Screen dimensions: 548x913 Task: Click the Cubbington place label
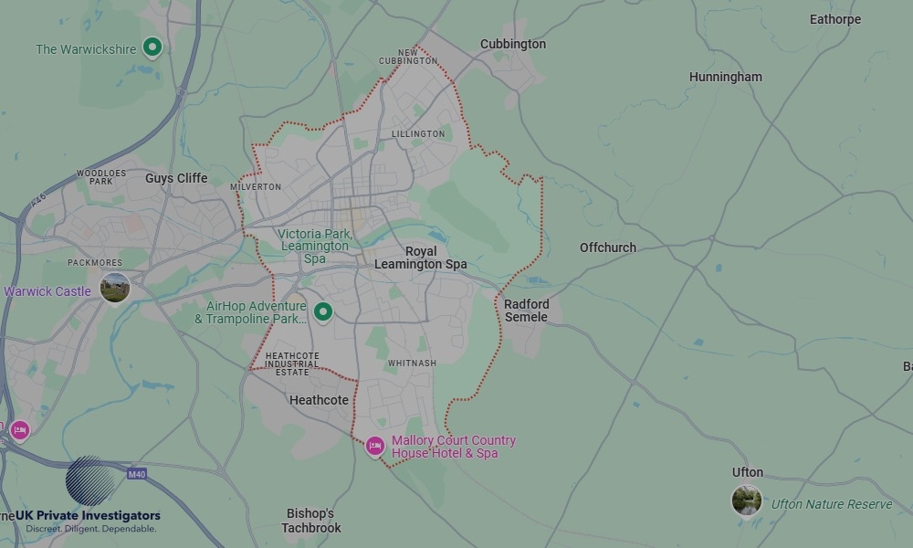coord(513,44)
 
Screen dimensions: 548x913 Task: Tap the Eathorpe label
coord(835,19)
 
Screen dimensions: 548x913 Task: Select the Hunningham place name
coord(725,77)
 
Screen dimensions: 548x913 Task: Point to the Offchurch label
coord(608,248)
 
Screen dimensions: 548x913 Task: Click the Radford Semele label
coord(527,311)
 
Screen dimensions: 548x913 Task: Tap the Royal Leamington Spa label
coord(421,258)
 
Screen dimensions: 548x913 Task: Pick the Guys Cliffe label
coord(176,178)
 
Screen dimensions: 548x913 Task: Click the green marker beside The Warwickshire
coord(152,47)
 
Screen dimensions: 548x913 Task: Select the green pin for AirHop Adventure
coord(322,312)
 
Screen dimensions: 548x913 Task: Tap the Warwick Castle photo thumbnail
coord(115,289)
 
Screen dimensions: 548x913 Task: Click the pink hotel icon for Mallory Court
coord(374,446)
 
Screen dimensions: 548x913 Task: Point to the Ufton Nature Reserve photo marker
coord(747,500)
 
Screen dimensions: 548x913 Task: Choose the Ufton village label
coord(748,472)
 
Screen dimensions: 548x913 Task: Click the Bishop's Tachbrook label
coord(311,521)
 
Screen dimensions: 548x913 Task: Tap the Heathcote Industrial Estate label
coord(292,364)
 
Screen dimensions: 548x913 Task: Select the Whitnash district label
coord(412,364)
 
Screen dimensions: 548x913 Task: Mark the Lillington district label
coord(418,134)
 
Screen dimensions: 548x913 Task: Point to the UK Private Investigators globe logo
coord(90,480)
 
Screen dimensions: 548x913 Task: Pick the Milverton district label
coord(257,187)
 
